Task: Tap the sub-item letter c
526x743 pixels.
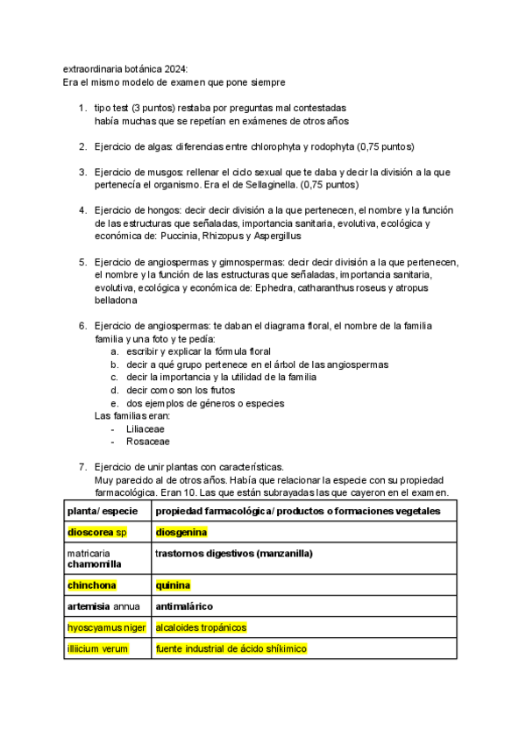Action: click(x=114, y=377)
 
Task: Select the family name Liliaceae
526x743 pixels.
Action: click(x=146, y=429)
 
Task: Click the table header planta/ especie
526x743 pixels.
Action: click(x=100, y=509)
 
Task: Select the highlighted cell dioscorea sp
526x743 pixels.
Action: click(x=97, y=532)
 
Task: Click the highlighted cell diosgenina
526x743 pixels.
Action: click(x=181, y=532)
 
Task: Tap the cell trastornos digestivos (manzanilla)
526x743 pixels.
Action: click(x=234, y=554)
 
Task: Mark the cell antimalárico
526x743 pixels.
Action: click(x=184, y=606)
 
